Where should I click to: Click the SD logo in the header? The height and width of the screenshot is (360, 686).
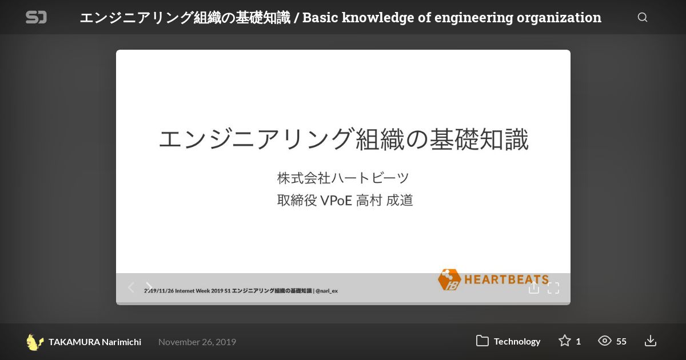36,17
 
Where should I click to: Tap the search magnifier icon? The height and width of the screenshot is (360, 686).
643,17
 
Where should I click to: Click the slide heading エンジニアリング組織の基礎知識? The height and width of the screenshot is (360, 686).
344,139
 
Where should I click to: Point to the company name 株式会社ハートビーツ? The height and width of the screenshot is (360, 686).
343,178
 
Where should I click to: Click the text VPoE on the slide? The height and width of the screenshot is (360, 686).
336,201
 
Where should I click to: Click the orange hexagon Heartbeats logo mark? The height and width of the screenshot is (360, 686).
449,279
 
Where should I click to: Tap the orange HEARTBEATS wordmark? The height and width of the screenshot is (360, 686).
506,279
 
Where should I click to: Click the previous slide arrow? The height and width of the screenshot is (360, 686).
131,287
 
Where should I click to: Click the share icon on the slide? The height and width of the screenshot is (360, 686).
533,287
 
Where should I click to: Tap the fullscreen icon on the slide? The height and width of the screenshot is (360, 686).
553,288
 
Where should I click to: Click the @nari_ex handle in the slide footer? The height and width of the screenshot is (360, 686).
326,291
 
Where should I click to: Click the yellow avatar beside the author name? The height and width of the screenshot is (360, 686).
34,342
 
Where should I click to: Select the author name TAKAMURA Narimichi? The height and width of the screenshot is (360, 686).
95,342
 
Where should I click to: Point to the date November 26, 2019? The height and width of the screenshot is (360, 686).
197,342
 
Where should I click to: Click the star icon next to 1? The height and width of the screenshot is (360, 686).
564,341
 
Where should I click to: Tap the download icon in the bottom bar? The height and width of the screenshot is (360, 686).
650,341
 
